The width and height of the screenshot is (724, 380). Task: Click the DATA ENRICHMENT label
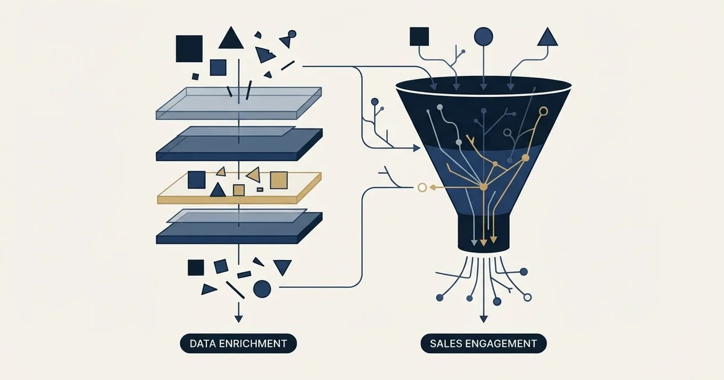coord(238,343)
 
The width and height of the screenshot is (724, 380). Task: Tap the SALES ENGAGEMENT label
coord(483,343)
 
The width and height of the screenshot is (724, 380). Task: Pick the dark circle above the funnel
coord(483,36)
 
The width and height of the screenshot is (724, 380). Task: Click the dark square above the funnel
coord(419,36)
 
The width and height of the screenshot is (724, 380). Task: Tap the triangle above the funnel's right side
coord(548,37)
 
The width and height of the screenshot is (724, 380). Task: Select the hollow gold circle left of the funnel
coord(422,188)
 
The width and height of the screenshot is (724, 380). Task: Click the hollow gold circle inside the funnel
coord(544,112)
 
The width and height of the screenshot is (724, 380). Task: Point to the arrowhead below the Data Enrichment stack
coord(238,319)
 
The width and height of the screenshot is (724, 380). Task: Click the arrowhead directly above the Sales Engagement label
coord(483,319)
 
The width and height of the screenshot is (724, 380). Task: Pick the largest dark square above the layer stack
coord(189,49)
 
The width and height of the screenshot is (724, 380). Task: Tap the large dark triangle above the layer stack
coord(230,38)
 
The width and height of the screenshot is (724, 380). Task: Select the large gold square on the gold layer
coord(279,180)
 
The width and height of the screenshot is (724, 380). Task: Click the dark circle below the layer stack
coord(262,289)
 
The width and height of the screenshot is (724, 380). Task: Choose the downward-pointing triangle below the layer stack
coord(282,267)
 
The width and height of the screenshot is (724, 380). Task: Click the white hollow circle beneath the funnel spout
coord(527,297)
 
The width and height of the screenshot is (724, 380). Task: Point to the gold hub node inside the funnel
coord(483,187)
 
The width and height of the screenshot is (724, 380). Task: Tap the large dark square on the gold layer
coord(197,180)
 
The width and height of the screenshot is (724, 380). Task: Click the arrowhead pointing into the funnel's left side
coord(417,148)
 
